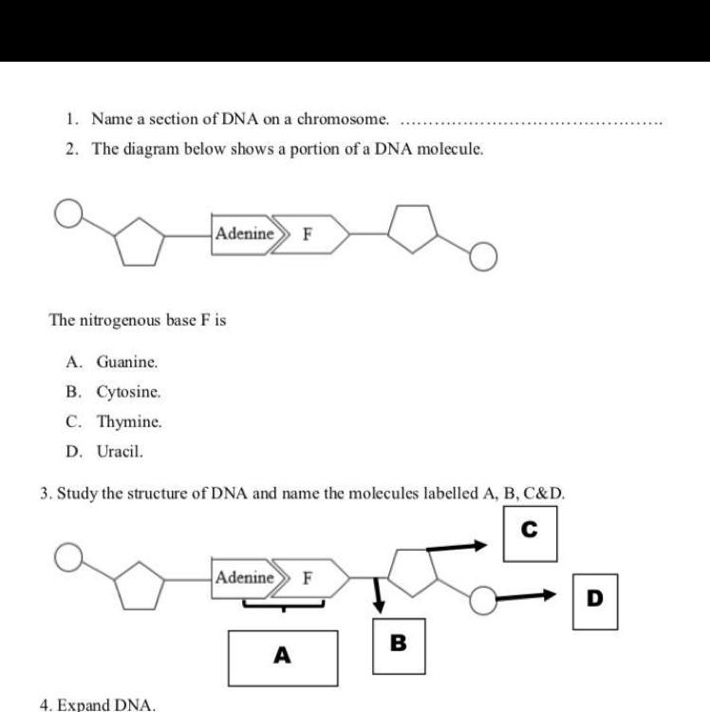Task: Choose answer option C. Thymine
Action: point(115,422)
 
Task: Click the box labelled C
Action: point(530,534)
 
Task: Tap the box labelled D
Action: point(595,600)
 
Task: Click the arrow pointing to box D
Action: point(531,596)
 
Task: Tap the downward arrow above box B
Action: point(379,594)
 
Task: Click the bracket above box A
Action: point(283,601)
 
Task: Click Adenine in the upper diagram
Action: point(244,234)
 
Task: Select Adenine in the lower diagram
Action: point(244,577)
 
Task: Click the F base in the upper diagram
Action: point(308,234)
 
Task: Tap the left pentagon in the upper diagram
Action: point(141,243)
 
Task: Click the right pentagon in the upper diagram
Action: point(415,230)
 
